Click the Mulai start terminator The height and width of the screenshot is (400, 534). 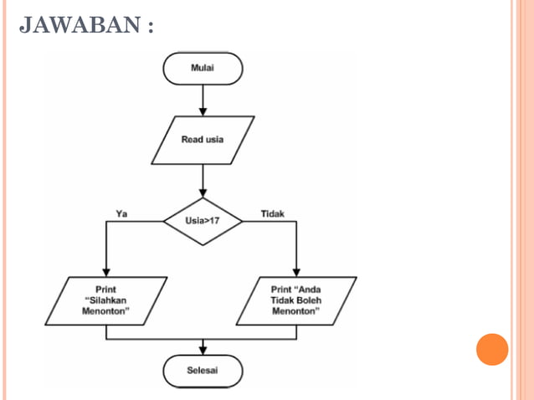[x=203, y=68]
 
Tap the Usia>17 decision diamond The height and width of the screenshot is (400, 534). [x=203, y=222]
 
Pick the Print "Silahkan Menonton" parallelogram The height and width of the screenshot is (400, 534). [x=106, y=300]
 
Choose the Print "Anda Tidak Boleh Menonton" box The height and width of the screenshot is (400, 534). [x=295, y=300]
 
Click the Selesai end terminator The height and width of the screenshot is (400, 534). [x=203, y=371]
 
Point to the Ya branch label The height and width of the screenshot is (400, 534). [x=121, y=213]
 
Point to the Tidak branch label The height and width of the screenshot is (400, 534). [x=272, y=213]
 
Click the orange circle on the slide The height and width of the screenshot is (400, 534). [x=492, y=349]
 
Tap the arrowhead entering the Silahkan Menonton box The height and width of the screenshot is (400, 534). [x=107, y=271]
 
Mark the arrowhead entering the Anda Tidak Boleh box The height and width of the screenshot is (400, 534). [x=296, y=271]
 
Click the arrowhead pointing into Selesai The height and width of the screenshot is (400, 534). [x=203, y=350]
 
